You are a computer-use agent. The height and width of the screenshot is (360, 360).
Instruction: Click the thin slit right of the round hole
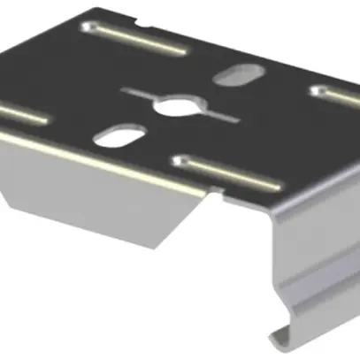(x=217, y=116)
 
